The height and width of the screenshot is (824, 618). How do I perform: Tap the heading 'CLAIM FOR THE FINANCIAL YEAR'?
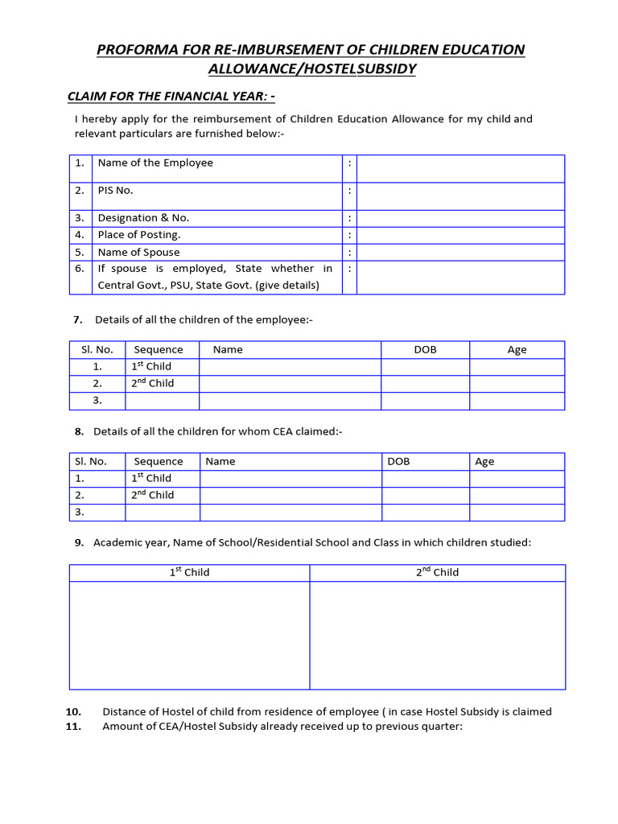(x=171, y=97)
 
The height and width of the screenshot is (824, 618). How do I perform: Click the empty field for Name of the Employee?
(x=460, y=168)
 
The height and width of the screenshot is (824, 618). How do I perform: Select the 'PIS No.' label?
(x=115, y=191)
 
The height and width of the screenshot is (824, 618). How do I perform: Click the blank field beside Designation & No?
(x=460, y=218)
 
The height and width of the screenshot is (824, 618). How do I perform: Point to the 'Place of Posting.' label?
(x=138, y=235)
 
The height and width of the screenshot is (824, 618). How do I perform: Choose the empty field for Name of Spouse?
(x=460, y=253)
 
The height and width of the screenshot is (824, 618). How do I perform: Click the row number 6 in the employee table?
(x=80, y=269)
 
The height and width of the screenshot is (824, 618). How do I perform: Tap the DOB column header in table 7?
(x=425, y=349)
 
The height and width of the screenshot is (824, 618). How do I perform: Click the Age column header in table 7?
(x=517, y=349)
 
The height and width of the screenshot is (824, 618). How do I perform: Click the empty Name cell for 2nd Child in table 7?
(x=290, y=384)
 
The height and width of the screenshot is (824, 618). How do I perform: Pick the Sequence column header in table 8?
(x=158, y=461)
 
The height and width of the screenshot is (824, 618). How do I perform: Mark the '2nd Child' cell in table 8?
(x=152, y=496)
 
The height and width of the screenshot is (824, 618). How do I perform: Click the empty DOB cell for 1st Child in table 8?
(x=425, y=479)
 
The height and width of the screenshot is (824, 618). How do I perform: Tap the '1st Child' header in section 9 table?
(x=189, y=572)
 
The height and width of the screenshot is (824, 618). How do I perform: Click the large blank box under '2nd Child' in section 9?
(x=437, y=635)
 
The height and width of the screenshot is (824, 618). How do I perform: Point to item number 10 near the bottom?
(x=73, y=711)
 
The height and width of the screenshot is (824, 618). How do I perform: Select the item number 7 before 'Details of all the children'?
(x=78, y=319)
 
